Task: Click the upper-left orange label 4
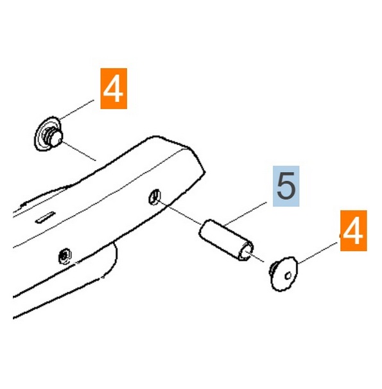(114, 89)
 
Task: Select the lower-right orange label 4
(354, 230)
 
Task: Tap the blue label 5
(286, 186)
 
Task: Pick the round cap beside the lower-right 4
(284, 273)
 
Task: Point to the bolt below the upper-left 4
(49, 134)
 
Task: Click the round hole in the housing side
(154, 197)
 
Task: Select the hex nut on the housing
(65, 255)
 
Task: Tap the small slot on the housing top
(45, 218)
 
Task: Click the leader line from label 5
(245, 214)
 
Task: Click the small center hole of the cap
(288, 275)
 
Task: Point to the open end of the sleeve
(246, 252)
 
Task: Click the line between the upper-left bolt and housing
(79, 151)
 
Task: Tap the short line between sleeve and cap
(255, 257)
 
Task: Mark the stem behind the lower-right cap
(272, 269)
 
